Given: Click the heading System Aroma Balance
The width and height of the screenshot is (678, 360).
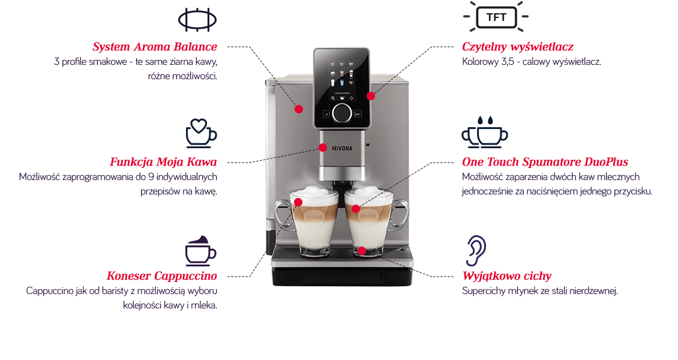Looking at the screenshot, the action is [155, 47].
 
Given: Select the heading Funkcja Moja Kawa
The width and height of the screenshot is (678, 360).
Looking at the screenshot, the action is [163, 162].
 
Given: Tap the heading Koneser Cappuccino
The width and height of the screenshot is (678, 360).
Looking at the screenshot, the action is [162, 276].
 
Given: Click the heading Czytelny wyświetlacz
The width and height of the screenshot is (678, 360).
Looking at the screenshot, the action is [518, 47].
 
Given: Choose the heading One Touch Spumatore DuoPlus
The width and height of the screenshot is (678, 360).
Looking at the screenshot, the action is [545, 162].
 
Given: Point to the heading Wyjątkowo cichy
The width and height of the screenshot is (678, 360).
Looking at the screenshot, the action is [507, 276].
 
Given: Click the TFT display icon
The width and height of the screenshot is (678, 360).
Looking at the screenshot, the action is [496, 17].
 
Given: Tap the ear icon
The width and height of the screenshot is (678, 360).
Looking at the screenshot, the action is [476, 251].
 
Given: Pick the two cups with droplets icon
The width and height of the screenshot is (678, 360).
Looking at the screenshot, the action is [485, 132].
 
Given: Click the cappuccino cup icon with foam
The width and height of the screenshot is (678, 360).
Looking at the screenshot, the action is [200, 251].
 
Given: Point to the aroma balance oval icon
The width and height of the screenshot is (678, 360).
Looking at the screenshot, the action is [197, 20].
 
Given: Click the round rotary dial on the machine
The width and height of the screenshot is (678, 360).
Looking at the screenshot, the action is [342, 113].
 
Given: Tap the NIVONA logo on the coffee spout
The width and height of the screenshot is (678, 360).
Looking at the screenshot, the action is [342, 148].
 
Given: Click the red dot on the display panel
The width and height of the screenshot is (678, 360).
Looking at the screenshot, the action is [371, 96].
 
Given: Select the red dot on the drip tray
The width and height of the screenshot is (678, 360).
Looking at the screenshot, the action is [362, 251].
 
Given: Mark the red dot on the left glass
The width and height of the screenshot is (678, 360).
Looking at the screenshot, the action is [298, 202].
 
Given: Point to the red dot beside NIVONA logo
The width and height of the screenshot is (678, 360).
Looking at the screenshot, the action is [323, 148].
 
